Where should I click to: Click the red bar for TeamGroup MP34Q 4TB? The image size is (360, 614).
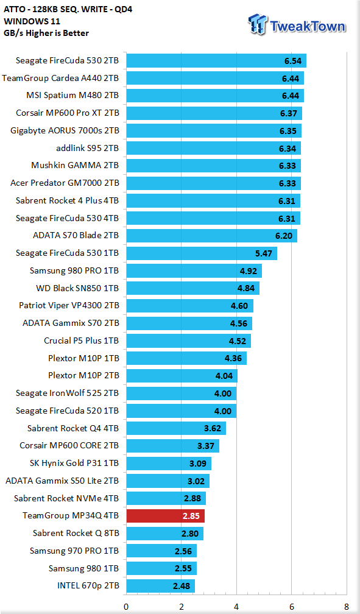pos(165,516)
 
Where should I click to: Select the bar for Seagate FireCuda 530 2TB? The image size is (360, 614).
pos(216,61)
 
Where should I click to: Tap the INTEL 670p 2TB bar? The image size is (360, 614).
pos(161,586)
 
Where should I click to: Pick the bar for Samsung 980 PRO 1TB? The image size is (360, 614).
pos(194,270)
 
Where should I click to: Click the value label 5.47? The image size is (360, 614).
pos(264,253)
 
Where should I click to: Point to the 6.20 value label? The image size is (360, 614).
pos(284,236)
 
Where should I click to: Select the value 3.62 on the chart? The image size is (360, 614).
pos(213,428)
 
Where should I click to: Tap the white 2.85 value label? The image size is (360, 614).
pos(191,516)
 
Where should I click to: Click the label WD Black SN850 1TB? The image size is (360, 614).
pos(77,288)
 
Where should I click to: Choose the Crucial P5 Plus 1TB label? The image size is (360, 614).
pos(81,341)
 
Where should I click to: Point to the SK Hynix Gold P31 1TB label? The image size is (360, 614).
pos(74,463)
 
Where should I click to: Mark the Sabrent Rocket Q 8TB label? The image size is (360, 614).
pos(76,534)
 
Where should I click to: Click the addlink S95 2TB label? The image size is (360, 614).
pos(87,148)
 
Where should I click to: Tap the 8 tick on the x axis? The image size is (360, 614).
pos(346,607)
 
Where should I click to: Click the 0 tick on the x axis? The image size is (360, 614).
pos(126,607)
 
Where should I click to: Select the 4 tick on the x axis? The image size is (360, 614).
pos(236,607)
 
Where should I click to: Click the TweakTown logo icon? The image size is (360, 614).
pos(258,24)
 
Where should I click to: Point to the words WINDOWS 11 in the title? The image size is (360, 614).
pos(32,21)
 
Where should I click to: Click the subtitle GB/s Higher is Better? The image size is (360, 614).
pos(46,33)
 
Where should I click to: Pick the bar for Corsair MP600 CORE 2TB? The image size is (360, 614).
pos(173,446)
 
